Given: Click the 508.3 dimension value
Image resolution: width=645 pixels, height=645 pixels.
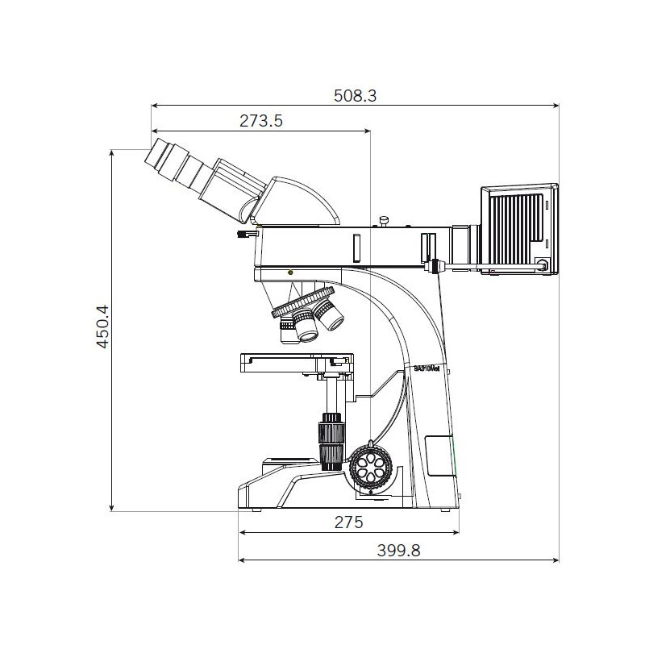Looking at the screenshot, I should point(355,96).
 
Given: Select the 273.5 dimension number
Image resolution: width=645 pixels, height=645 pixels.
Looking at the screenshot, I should point(260,121).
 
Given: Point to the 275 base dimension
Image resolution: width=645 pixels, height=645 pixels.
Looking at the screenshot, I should point(349,522).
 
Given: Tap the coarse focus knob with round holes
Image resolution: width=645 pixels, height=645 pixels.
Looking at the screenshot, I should point(371,466).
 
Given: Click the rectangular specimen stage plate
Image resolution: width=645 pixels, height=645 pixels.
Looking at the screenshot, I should point(296,361).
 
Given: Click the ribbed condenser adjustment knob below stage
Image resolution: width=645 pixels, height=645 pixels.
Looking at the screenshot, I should point(331,439).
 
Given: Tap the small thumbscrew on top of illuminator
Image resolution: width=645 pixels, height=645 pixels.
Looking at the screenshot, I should point(385,219).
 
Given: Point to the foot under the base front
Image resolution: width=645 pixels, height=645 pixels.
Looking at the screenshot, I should point(256,510).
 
